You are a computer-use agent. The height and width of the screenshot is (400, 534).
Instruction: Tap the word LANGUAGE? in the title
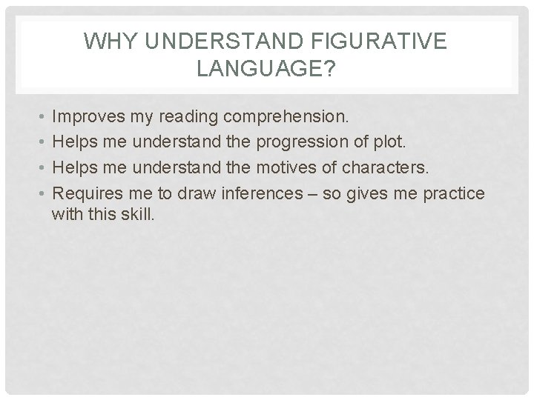[266, 70]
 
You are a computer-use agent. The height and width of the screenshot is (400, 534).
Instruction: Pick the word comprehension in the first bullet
[293, 117]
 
